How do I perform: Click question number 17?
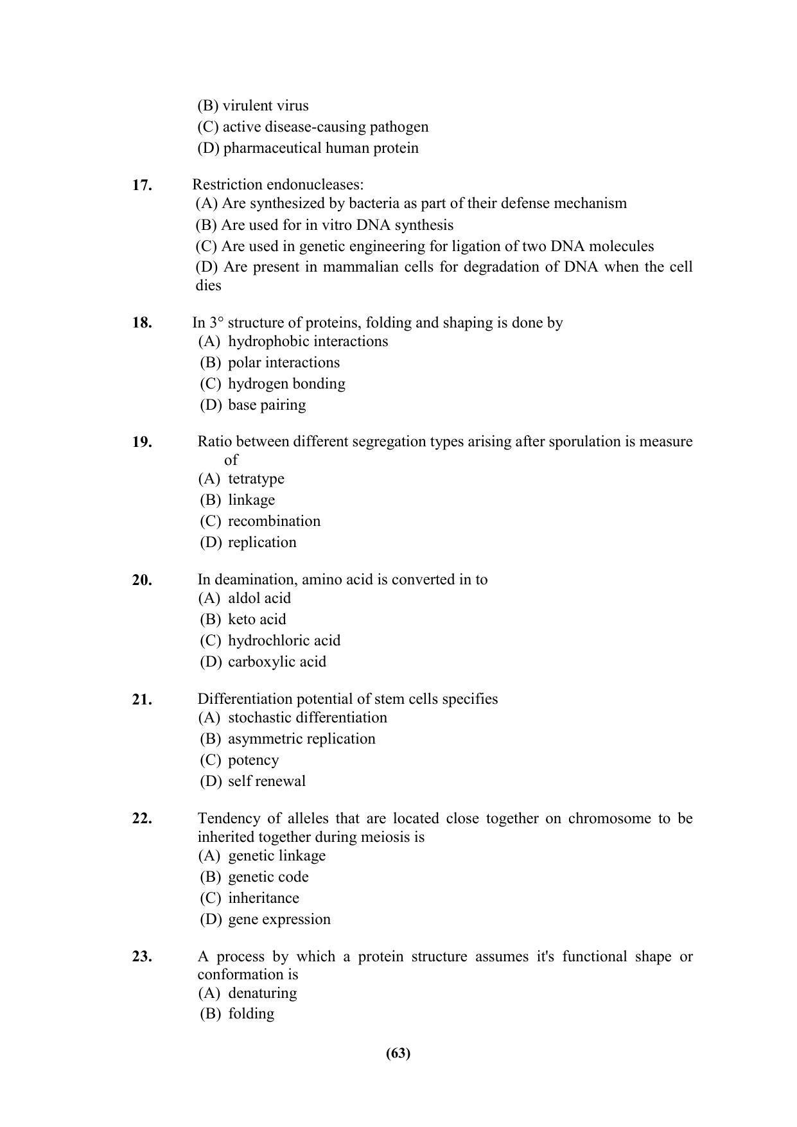tap(142, 186)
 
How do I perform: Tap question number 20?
tap(142, 581)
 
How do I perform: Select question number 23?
tap(142, 957)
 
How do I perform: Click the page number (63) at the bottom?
tap(398, 1053)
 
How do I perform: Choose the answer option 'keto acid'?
tap(257, 620)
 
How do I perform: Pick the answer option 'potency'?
tap(253, 760)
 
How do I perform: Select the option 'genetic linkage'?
tap(277, 856)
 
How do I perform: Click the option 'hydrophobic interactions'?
tap(308, 342)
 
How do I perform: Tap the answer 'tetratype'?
tap(256, 479)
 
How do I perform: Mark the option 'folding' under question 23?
tap(251, 1014)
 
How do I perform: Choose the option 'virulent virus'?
tap(265, 106)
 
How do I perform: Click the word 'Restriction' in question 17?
tap(223, 185)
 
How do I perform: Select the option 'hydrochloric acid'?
tap(284, 641)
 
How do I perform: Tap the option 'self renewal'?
tap(267, 782)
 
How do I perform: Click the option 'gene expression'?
tap(279, 920)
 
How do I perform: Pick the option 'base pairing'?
tap(267, 405)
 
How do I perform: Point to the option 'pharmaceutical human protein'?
tap(320, 148)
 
